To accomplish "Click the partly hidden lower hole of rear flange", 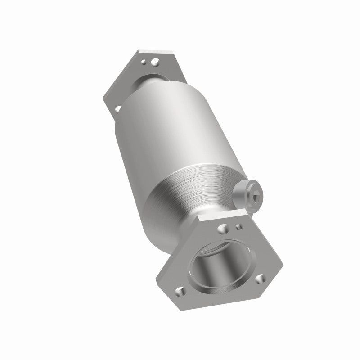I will click(x=118, y=108).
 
